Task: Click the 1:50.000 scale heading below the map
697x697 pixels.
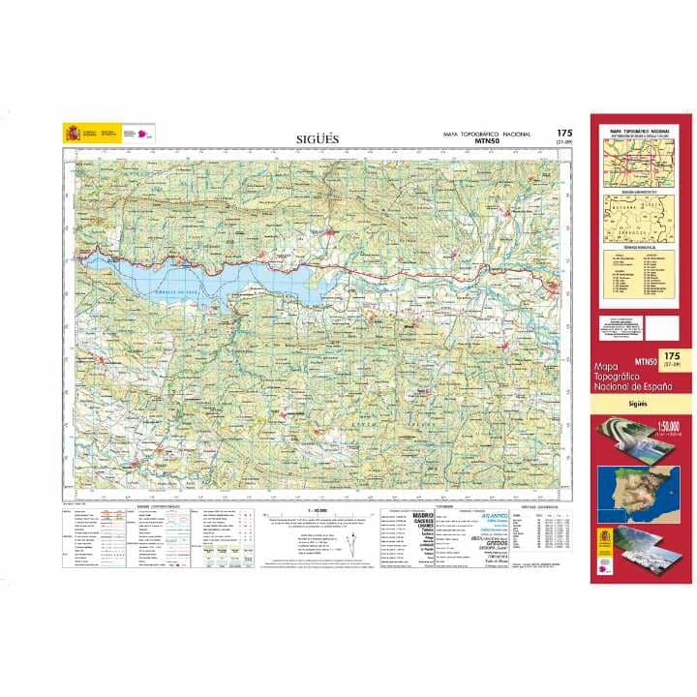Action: pos(318,509)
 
